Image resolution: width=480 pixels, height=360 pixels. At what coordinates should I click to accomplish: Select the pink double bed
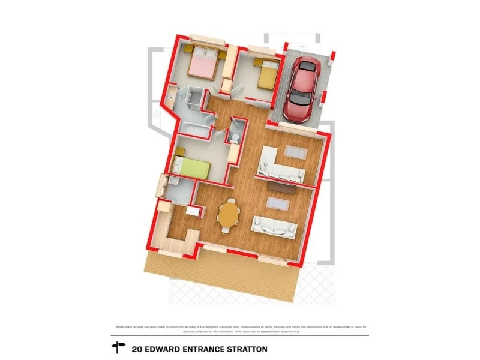203,67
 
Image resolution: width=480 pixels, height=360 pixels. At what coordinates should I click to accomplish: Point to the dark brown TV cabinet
281,188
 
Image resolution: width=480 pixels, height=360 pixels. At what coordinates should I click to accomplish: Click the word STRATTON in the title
245,349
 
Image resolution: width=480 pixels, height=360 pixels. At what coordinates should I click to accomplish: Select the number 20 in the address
136,349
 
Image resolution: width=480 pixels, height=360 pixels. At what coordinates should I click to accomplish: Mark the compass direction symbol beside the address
118,348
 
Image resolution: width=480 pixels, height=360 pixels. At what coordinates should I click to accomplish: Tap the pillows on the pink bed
208,56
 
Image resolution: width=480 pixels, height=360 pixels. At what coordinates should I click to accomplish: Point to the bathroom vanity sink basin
170,94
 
